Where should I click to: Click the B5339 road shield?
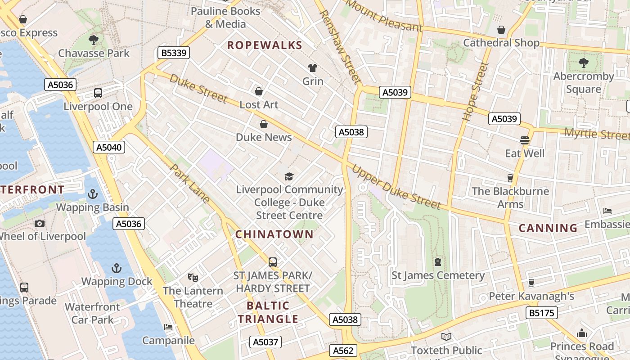tap(174, 53)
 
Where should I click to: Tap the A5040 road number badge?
tap(109, 147)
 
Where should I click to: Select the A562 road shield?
tap(344, 351)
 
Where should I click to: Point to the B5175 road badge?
tap(541, 313)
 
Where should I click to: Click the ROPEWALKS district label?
tap(265, 45)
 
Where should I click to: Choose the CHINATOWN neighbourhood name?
tap(274, 234)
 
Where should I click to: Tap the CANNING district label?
tap(548, 228)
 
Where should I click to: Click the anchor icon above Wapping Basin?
tap(92, 194)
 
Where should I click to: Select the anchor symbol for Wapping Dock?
tap(117, 268)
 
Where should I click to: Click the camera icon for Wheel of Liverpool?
tap(40, 223)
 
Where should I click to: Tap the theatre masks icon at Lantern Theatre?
tap(193, 277)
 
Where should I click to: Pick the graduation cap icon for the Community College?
tap(289, 176)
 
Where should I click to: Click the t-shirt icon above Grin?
tap(313, 68)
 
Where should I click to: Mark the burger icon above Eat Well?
tap(524, 140)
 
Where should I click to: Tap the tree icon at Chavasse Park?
tap(94, 40)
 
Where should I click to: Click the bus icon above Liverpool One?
tap(98, 93)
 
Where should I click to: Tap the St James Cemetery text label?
tap(438, 275)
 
